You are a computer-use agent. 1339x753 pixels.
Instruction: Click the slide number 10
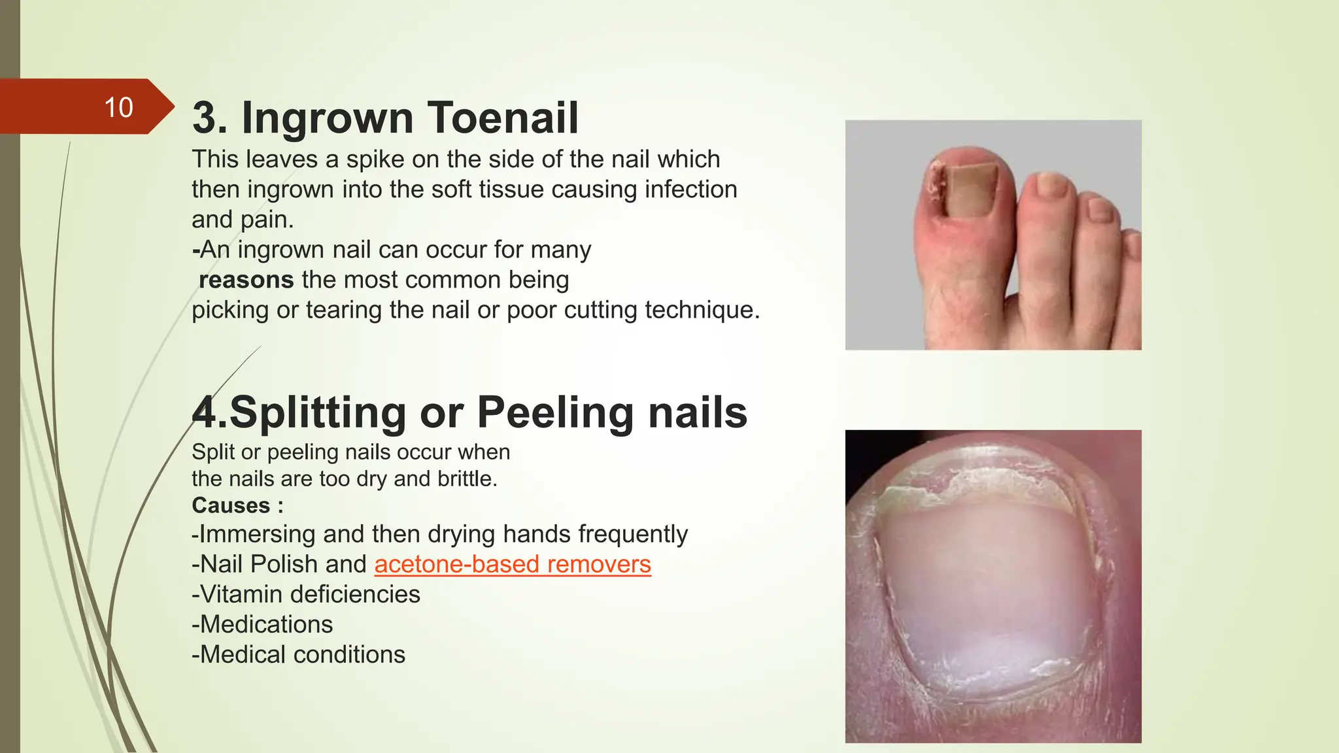point(118,107)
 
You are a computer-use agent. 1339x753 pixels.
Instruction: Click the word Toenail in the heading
point(503,118)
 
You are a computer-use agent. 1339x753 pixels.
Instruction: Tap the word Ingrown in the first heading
point(328,118)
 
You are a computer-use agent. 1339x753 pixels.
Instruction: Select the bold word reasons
point(246,280)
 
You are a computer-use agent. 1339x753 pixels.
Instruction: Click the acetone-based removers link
point(513,564)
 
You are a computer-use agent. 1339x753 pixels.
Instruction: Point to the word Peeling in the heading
point(555,412)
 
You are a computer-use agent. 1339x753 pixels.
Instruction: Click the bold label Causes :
point(237,505)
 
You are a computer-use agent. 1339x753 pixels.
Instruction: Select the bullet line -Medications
point(262,624)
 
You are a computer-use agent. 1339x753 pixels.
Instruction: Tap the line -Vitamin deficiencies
point(306,594)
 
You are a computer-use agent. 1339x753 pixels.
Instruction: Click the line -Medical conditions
point(299,654)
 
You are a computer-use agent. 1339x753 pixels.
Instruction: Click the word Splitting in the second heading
point(317,412)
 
